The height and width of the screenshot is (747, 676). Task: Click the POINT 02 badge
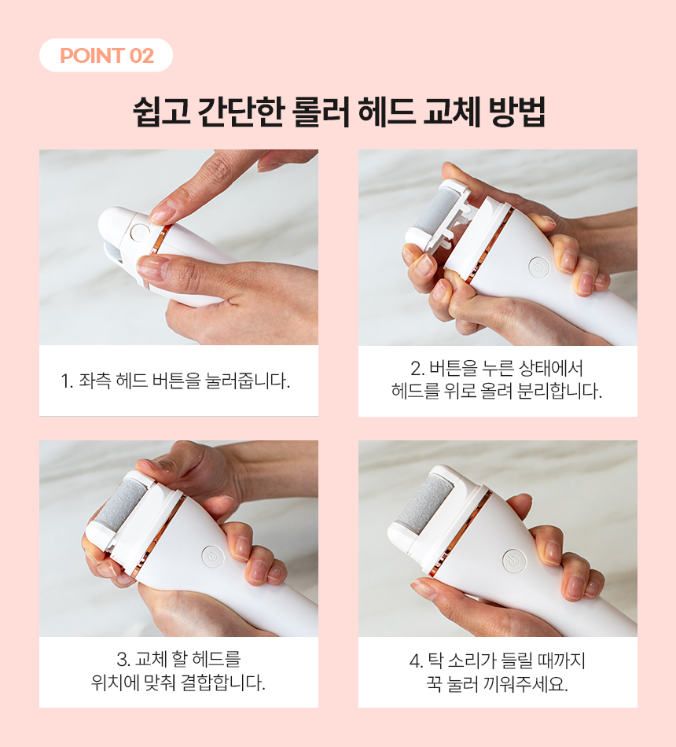[x=106, y=55]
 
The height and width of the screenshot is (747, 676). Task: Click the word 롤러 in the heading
[x=321, y=112]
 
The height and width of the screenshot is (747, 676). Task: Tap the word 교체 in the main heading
[x=451, y=112]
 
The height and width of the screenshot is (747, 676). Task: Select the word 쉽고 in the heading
[x=161, y=112]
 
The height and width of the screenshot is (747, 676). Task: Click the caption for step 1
[x=175, y=381]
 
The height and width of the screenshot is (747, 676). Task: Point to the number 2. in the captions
[x=417, y=368]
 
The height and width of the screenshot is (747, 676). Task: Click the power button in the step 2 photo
[x=538, y=267]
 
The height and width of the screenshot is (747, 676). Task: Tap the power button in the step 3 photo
[x=212, y=556]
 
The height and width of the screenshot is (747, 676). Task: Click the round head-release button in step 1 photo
[x=140, y=233]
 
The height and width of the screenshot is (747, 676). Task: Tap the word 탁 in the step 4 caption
[x=435, y=661]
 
